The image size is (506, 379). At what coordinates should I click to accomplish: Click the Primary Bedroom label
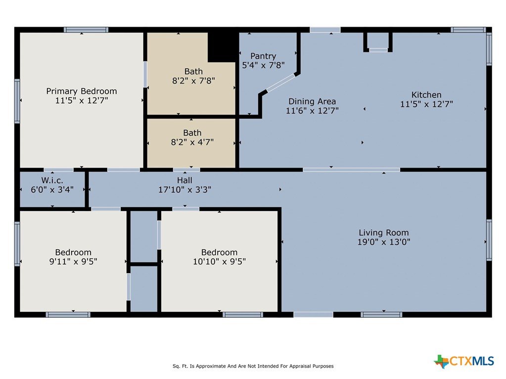pos(82,91)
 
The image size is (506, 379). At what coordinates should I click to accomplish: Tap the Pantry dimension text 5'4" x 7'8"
pos(263,65)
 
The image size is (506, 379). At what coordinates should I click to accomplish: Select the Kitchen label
pos(426,95)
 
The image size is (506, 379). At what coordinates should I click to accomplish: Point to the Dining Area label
pos(312,101)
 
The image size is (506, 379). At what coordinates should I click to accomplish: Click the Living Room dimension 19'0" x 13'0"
pos(384,242)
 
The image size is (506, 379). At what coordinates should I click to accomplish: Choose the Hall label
pos(184,180)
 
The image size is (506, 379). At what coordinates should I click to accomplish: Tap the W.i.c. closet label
pos(52,180)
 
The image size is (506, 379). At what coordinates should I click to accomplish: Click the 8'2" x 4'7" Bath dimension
pos(192,142)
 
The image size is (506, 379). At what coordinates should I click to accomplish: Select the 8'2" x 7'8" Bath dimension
pos(193,81)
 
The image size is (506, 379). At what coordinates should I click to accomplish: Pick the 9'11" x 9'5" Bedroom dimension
pos(73,261)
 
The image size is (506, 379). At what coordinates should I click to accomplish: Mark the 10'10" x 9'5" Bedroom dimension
pos(220,261)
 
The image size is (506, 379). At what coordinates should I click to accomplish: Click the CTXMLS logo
pos(464,361)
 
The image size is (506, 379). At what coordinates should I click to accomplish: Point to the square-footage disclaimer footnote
pos(253,366)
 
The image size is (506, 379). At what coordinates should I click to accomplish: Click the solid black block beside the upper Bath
pos(223,47)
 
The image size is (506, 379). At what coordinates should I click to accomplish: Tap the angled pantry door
pos(280,83)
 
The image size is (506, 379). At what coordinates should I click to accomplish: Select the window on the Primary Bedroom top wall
pos(86,30)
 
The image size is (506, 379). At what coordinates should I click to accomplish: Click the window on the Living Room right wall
pos(489,240)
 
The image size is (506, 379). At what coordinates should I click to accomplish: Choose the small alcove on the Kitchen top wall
pos(378,42)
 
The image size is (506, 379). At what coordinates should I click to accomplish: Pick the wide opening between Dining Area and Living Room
pos(351,170)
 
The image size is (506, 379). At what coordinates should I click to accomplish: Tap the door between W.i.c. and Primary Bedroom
pos(59,170)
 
